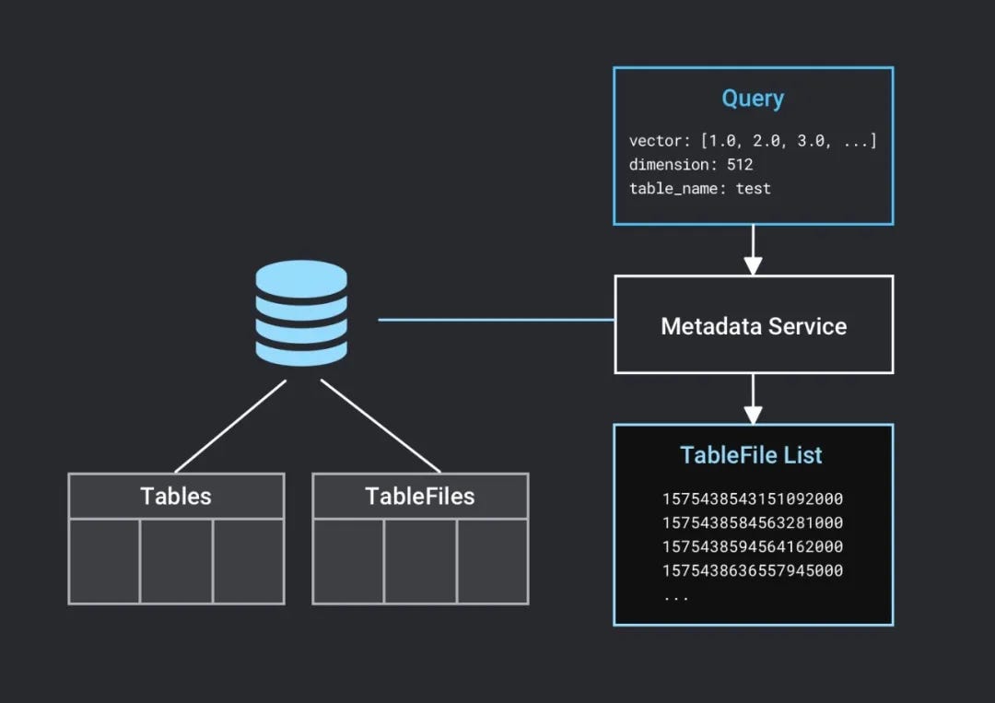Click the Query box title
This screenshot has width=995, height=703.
[x=753, y=99]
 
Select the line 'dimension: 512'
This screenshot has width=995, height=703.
[x=690, y=165]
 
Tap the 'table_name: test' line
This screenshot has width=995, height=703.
[x=699, y=189]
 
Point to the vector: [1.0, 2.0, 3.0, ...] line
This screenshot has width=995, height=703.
[x=752, y=141]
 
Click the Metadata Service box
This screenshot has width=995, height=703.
[x=754, y=325]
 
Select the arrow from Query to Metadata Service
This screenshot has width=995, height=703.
[x=753, y=251]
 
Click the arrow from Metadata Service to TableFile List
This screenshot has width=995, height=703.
[x=753, y=399]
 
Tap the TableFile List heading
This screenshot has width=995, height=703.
[x=751, y=455]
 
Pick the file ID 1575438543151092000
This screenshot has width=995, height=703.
[x=752, y=499]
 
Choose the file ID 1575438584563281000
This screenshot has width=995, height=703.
[x=752, y=523]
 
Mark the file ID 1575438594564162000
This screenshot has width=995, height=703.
[x=752, y=547]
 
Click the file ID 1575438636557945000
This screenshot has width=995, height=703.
[x=752, y=571]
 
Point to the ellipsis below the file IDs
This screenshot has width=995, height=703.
[x=675, y=596]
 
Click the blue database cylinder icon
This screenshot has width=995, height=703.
[x=300, y=312]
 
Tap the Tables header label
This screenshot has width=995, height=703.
[x=175, y=497]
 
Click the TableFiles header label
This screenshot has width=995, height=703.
[x=420, y=497]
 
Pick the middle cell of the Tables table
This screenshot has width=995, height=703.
[x=176, y=561]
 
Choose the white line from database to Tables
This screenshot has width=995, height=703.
[x=230, y=426]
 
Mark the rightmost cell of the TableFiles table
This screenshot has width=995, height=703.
[x=492, y=561]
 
